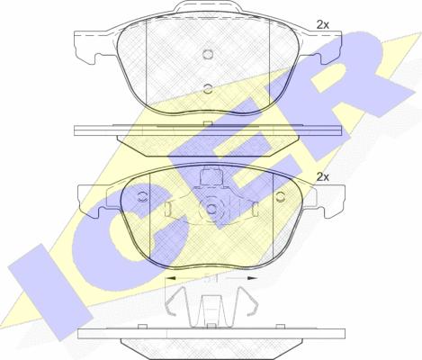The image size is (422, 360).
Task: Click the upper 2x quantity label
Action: [x=323, y=25]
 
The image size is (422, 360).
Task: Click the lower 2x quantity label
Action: [x=323, y=177]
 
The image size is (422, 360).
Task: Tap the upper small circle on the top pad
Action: [x=208, y=54]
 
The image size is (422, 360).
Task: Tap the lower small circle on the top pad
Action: [x=208, y=88]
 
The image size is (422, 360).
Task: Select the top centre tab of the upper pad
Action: [x=209, y=6]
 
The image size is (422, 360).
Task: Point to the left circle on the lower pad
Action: [x=143, y=196]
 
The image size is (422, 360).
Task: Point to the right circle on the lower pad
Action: [x=281, y=196]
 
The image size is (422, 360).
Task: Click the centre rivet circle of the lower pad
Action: [x=211, y=208]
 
